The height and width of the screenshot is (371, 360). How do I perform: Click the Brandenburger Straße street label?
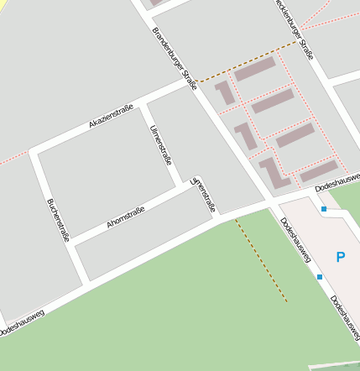175,57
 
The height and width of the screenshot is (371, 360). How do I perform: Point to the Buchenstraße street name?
58,220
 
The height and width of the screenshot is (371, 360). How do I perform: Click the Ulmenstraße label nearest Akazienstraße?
159,144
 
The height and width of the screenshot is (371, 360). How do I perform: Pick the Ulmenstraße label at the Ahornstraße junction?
205,195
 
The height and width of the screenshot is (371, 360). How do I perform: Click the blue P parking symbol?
340,257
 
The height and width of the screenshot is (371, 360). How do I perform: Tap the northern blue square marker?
323,208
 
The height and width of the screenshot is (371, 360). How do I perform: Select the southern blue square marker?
320,276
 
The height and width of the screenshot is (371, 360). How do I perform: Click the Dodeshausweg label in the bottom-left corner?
21,324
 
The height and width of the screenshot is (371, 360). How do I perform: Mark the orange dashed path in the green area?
261,260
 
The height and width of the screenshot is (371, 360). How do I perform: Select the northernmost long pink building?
254,69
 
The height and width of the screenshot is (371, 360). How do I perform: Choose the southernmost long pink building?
318,171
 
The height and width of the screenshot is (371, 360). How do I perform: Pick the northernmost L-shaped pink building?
224,91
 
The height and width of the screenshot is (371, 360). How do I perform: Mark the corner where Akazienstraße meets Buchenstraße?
35,152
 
